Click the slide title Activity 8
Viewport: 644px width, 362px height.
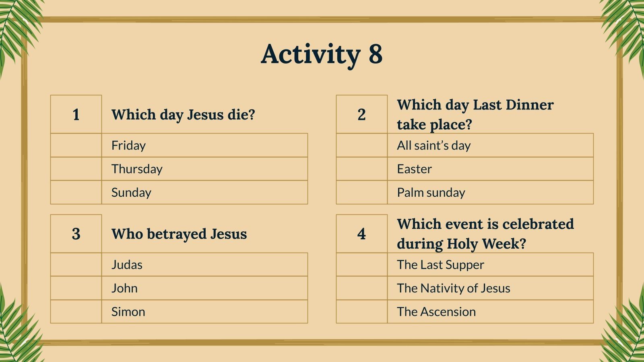[x=322, y=54]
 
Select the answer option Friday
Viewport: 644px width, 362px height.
[x=128, y=146]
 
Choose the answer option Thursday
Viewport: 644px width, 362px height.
[x=137, y=169]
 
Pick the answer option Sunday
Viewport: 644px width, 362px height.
[x=131, y=193]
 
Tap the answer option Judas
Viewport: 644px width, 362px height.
[x=127, y=265]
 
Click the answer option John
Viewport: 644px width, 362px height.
[x=124, y=288]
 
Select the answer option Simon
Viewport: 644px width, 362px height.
[x=128, y=312]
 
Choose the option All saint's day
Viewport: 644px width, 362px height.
[x=433, y=146]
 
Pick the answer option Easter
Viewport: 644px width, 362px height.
[x=414, y=169]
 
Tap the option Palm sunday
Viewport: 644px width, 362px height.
[x=431, y=193]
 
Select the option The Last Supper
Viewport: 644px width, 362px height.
[x=440, y=265]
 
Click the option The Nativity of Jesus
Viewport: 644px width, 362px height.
[x=453, y=288]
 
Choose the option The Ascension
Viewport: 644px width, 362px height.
[x=436, y=312]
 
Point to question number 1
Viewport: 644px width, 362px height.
[x=76, y=115]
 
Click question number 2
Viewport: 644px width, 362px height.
[x=361, y=115]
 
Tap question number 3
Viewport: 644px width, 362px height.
[x=76, y=234]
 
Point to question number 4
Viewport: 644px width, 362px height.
[x=361, y=234]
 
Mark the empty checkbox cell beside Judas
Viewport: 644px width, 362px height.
[x=76, y=265]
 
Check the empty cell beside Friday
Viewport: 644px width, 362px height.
[x=76, y=146]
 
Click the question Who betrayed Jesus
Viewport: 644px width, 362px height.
[x=179, y=234]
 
